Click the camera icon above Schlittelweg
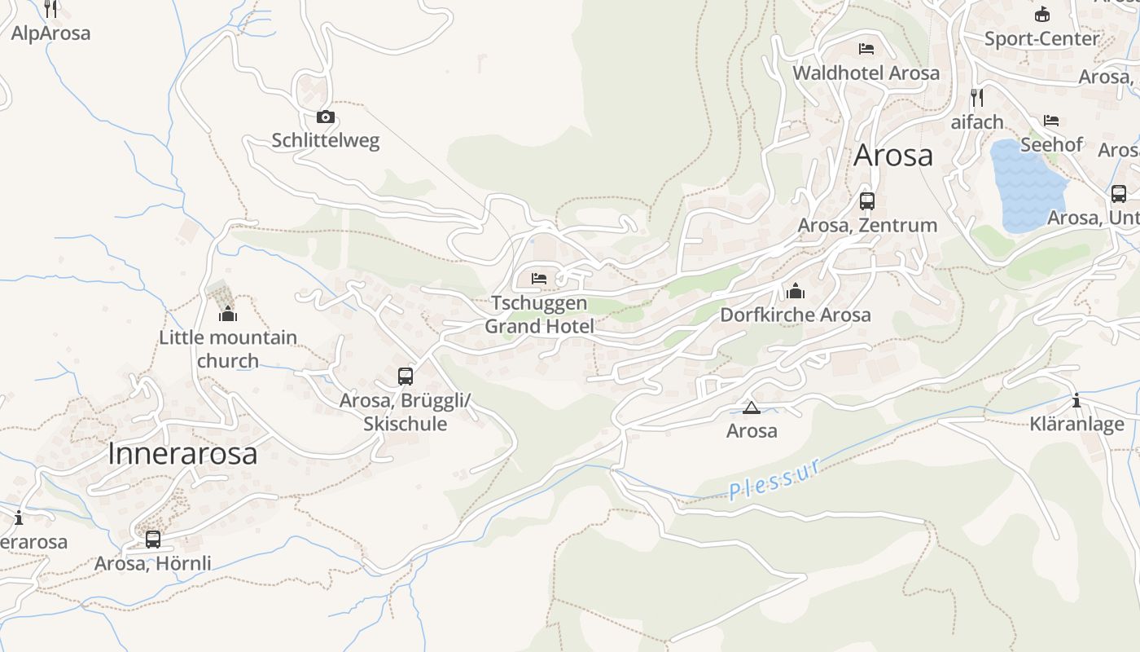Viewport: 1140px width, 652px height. pos(326,117)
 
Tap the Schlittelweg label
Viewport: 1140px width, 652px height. pos(326,141)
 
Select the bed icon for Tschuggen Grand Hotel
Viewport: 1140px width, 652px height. pos(539,278)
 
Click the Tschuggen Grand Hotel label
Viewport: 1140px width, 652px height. pos(539,315)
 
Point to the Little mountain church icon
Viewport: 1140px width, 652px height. pos(228,314)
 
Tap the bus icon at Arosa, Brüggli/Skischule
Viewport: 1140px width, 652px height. pos(406,376)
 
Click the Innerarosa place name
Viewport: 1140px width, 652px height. pos(182,454)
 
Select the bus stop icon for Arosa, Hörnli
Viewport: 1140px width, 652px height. pos(153,539)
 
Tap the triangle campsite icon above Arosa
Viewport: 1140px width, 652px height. pos(751,407)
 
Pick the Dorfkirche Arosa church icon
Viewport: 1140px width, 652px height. pos(796,290)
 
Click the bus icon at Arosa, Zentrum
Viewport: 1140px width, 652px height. pos(867,200)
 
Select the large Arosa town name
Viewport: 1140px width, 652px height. pos(893,155)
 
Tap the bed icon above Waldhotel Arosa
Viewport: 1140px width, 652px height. pos(866,49)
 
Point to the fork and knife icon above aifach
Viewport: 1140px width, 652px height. pos(977,98)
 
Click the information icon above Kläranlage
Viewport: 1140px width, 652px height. pos(1076,400)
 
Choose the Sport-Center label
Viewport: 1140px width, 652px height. pos(1041,38)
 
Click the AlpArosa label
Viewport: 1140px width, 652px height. pos(50,33)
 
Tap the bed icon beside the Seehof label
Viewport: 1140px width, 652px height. pos(1051,121)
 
